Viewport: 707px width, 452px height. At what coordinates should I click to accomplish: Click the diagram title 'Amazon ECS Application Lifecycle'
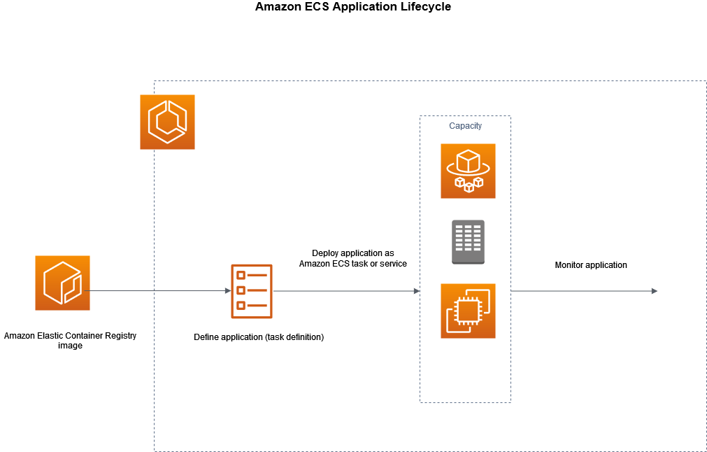coord(353,7)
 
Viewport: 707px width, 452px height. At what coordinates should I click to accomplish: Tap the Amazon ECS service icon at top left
coord(167,122)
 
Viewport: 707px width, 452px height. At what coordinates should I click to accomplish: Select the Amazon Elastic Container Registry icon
coord(62,283)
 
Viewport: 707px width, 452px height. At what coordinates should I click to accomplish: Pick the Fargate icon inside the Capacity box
coord(468,171)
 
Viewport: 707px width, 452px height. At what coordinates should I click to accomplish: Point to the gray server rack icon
coord(468,242)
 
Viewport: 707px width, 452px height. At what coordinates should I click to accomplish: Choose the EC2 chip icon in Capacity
coord(468,311)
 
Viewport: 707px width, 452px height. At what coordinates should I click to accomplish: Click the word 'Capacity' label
coord(465,126)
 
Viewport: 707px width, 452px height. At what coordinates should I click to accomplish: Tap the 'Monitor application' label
coord(591,265)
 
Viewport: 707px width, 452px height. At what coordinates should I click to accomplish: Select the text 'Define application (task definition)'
coord(259,337)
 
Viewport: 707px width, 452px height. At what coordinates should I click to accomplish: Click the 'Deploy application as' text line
coord(353,253)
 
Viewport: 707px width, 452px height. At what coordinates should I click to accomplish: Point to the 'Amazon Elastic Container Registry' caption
coord(70,336)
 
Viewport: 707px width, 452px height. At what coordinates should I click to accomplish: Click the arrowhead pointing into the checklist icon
coord(227,290)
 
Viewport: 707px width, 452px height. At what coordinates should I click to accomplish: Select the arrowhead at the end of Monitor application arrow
coord(654,290)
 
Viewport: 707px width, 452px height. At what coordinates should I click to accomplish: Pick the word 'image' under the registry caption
coord(70,346)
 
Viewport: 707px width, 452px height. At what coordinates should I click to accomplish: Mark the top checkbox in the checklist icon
coord(241,275)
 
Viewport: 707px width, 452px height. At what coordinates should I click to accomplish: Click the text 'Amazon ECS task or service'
coord(353,264)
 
